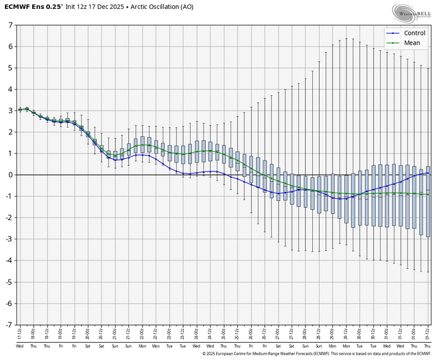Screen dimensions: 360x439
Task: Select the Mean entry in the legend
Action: click(x=410, y=42)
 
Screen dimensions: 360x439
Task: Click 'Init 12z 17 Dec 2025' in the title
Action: click(x=88, y=8)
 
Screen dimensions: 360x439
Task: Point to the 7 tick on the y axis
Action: click(x=10, y=25)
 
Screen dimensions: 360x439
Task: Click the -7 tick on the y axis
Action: click(x=8, y=324)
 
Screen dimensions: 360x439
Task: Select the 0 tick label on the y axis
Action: click(x=10, y=175)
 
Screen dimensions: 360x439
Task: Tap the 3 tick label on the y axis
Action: click(x=10, y=110)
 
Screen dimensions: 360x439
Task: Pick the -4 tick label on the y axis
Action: click(x=8, y=261)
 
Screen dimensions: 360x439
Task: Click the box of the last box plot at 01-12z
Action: click(x=428, y=202)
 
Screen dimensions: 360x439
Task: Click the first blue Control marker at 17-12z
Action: click(x=21, y=110)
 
